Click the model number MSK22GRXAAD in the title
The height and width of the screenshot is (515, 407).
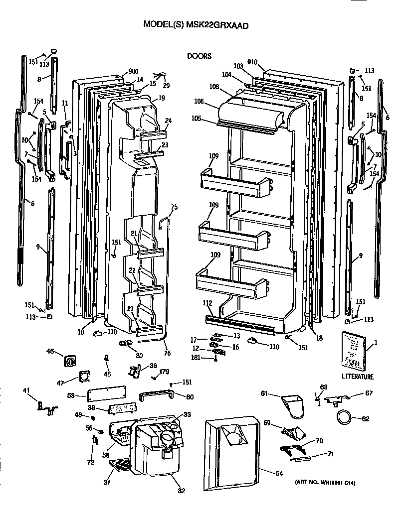pyautogui.click(x=217, y=23)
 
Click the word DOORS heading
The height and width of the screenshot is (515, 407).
pyautogui.click(x=199, y=56)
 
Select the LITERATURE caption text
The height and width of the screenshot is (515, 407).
pyautogui.click(x=357, y=377)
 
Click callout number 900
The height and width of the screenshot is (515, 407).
pyautogui.click(x=133, y=71)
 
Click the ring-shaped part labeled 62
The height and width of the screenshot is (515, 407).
pyautogui.click(x=343, y=417)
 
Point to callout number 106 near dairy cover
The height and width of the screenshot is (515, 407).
pyautogui.click(x=199, y=101)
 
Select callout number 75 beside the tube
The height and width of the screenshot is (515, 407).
pyautogui.click(x=174, y=207)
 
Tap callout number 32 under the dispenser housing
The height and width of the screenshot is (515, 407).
pyautogui.click(x=182, y=490)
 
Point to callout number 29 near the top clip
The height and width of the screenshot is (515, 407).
pyautogui.click(x=166, y=86)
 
